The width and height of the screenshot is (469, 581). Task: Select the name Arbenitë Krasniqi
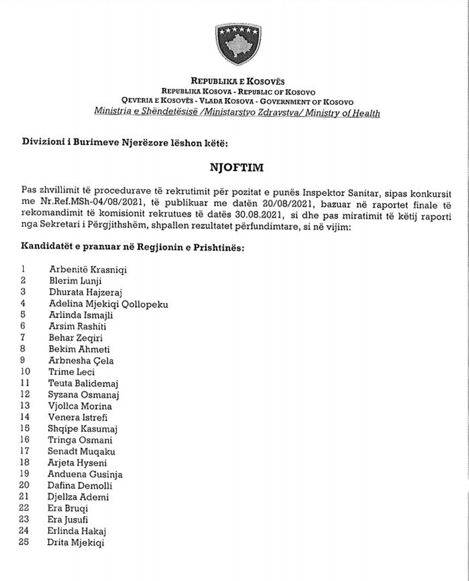[x=88, y=270]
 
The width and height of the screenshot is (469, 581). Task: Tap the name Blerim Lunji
[x=75, y=281]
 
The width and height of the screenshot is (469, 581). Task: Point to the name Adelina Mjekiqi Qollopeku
[x=108, y=304]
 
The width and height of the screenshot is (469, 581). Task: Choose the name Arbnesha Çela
[x=81, y=361]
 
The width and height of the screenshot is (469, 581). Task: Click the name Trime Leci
[x=71, y=372]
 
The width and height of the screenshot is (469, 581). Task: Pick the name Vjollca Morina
[x=80, y=406]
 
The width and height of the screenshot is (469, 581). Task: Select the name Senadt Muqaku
[x=81, y=451]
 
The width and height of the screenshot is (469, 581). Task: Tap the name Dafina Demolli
[x=79, y=485]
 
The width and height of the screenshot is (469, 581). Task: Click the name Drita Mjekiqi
[x=76, y=542]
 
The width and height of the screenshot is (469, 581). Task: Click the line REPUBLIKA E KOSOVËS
[x=238, y=81]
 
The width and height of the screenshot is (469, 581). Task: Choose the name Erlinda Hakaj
[x=77, y=531]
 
